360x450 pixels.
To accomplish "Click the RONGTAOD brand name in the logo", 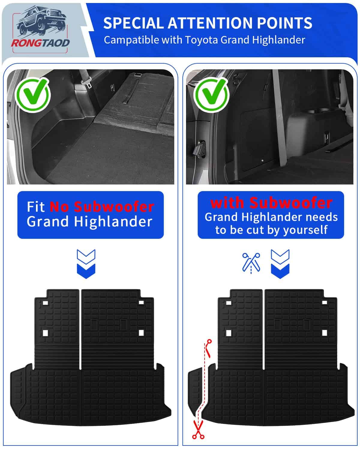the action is [x=40, y=43].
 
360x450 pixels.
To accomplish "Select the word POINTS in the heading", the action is [x=284, y=23].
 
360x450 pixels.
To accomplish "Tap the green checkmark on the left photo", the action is [x=33, y=95].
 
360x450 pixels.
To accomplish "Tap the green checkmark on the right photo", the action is [x=211, y=95].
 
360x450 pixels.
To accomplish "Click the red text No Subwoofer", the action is [x=102, y=207].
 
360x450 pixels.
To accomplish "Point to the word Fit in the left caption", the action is [x=36, y=207].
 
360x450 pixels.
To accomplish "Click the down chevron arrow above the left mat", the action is [x=86, y=264].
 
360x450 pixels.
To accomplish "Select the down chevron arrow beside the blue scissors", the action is [x=280, y=264].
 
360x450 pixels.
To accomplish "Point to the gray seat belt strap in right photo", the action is [x=280, y=118].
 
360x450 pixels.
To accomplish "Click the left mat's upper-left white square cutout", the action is [x=45, y=303].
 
